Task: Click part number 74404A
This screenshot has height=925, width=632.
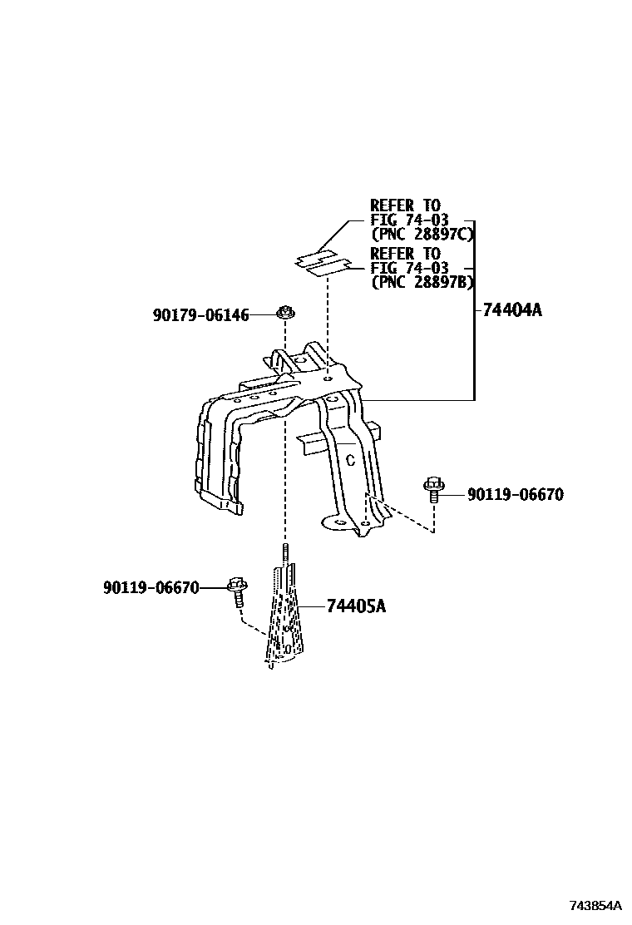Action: [512, 310]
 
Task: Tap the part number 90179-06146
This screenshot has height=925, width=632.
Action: [200, 315]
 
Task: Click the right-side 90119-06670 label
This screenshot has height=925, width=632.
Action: [515, 495]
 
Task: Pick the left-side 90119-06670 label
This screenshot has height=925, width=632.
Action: [151, 588]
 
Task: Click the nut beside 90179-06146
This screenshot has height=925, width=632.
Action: [285, 314]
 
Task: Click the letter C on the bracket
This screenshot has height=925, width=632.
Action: [350, 459]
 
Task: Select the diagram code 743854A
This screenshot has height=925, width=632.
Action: [595, 905]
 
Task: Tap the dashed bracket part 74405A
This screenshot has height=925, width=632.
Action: [284, 616]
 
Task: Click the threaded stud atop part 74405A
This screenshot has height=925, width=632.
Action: [284, 552]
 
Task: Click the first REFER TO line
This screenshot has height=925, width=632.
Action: [406, 205]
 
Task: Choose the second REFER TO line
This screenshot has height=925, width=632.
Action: [406, 253]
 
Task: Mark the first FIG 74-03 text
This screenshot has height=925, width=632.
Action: [409, 220]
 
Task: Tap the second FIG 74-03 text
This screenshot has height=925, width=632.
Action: [409, 268]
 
